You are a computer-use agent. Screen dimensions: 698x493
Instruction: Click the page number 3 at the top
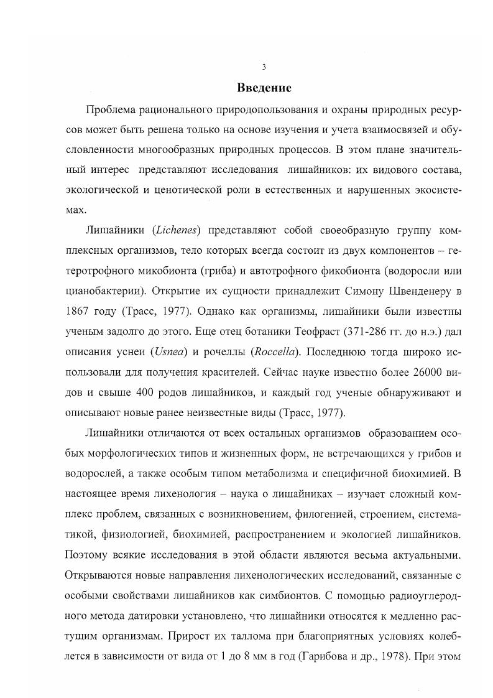pos(264,67)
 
